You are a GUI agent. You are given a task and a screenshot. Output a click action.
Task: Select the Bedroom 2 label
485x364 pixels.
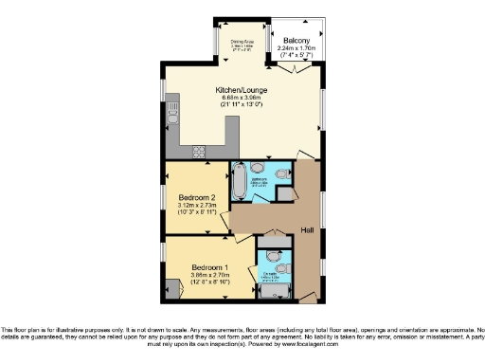pos(198,196)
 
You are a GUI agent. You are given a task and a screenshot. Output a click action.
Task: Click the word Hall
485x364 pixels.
pos(307,230)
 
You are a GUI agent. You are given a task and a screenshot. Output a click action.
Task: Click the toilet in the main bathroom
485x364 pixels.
pos(280,172)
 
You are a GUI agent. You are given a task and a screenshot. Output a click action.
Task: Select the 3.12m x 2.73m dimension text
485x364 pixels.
pos(198,205)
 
